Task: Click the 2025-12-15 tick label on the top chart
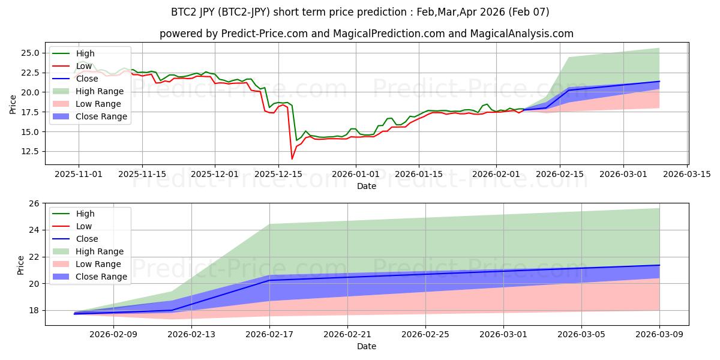point(279,173)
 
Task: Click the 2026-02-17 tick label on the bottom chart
point(269,334)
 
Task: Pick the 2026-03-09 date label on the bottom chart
point(659,334)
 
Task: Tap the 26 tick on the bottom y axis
point(34,203)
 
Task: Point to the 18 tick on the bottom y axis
point(34,310)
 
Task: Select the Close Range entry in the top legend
point(102,116)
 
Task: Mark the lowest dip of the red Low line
point(292,158)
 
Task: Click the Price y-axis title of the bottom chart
point(21,264)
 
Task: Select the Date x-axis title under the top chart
point(367,186)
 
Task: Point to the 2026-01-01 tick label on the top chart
point(356,173)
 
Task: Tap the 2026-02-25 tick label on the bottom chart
point(425,334)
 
